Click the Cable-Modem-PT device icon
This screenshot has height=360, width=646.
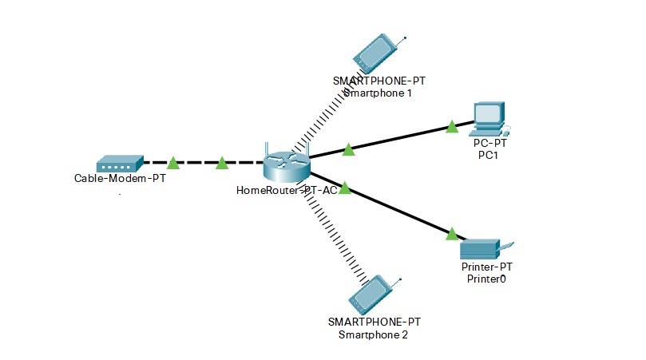(x=119, y=164)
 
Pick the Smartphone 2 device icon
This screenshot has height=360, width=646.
(x=371, y=295)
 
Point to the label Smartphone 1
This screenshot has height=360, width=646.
(x=377, y=93)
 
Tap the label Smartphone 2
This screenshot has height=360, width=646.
(x=374, y=334)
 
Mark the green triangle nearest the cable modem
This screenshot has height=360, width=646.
(x=172, y=164)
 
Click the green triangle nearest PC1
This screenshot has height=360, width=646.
(x=452, y=126)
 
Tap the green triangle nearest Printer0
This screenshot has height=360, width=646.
(x=452, y=233)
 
